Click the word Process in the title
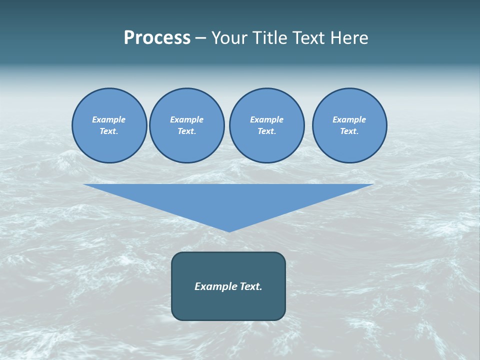(x=157, y=38)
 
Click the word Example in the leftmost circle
(x=109, y=119)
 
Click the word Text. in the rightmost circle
(x=349, y=131)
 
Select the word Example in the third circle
(x=266, y=119)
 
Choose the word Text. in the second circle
(x=187, y=131)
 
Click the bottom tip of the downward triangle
(x=229, y=230)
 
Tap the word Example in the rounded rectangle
(x=214, y=286)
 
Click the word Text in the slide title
(x=308, y=38)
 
